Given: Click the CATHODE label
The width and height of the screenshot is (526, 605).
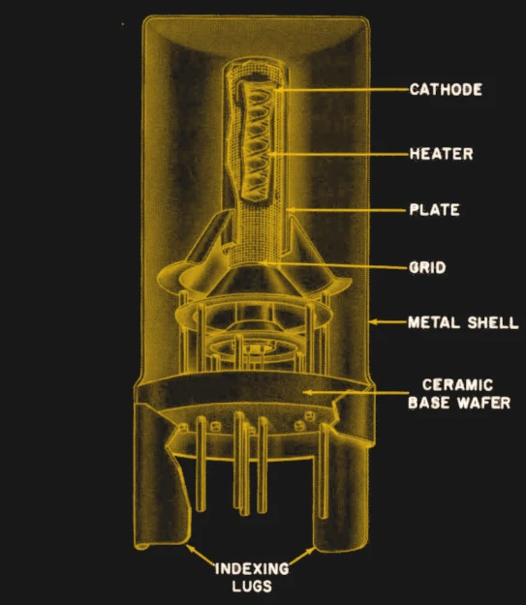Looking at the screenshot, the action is coord(446,89).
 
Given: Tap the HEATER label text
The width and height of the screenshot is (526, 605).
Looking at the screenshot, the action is coord(442,154).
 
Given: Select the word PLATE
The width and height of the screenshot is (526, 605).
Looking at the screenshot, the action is coord(435,209).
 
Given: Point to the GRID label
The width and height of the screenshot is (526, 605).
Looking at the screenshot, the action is coord(427,267).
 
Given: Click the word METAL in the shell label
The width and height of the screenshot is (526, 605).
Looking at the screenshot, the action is coord(434,322).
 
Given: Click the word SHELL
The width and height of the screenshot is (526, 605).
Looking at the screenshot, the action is coord(493,322).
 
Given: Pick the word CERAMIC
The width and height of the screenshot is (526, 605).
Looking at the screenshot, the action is coord(457,384).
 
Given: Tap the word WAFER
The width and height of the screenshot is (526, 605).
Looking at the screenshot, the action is coord(484,403).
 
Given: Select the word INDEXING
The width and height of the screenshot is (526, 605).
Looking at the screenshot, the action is coord(252,569).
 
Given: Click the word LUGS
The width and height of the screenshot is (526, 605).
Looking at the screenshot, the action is coord(252,586).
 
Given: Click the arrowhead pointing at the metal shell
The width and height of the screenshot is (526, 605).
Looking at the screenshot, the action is coord(373,321).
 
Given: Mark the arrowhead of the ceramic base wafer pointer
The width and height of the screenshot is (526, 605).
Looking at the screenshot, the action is coord(307,393).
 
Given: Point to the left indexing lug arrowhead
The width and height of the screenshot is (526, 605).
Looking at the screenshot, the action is coord(190,548).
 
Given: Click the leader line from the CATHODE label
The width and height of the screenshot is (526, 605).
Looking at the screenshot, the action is coord(343,89).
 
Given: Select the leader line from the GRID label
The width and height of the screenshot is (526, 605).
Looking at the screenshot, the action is coord(335,265).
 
